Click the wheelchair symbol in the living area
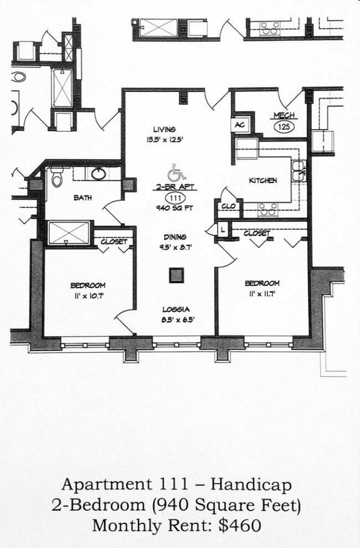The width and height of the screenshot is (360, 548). point(176,172)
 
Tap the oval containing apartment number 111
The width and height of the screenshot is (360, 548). point(176,198)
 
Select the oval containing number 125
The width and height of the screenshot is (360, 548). point(284,127)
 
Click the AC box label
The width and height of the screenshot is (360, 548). point(239,125)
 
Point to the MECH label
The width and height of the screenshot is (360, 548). point(284,116)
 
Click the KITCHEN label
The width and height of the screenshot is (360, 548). point(263,180)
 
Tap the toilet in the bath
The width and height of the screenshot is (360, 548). point(56,177)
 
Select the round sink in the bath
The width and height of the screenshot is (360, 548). point(99,174)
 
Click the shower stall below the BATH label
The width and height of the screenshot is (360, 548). point(69,233)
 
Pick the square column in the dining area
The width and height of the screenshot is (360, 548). point(177,275)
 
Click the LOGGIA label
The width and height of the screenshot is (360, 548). point(176,309)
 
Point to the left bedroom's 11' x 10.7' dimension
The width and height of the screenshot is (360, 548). point(88,296)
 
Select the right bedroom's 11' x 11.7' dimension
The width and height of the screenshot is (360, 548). point(262,293)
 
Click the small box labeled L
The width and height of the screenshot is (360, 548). point(223,228)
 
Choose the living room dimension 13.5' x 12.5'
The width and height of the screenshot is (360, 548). point(164,140)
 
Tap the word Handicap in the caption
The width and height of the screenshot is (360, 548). point(251,485)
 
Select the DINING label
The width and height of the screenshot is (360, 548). point(175,237)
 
